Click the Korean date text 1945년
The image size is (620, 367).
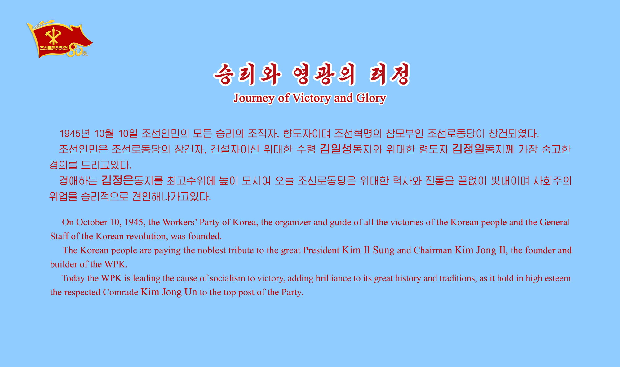point(75,134)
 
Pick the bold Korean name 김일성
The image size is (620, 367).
point(336,149)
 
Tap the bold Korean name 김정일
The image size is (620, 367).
point(468,149)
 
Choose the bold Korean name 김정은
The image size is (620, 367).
point(117,180)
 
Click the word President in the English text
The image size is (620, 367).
point(321,250)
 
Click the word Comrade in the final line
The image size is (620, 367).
point(121,292)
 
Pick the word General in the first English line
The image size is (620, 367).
point(555,222)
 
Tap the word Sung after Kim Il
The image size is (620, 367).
point(384,250)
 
